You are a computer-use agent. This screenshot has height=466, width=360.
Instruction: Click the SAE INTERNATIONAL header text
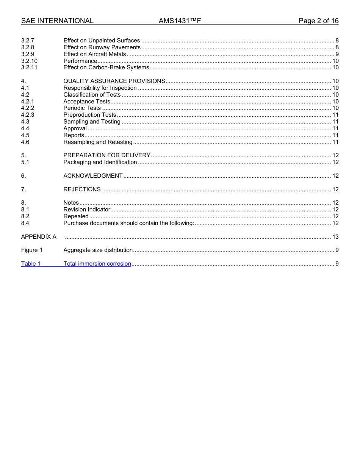(57, 21)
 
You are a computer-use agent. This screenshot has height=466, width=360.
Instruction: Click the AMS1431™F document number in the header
(180, 21)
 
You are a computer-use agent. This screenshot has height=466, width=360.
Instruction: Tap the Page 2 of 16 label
(318, 21)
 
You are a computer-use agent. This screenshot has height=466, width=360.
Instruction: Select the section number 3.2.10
(29, 61)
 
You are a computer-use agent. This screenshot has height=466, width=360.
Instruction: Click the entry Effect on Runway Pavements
(102, 47)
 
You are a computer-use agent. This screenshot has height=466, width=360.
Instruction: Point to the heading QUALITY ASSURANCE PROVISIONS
(114, 81)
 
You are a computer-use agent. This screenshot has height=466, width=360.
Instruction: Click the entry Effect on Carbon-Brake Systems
(106, 67)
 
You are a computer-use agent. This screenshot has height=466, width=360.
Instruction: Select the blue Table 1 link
(31, 264)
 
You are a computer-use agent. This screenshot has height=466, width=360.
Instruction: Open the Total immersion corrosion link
(97, 264)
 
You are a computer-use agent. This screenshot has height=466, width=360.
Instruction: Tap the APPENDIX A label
(39, 237)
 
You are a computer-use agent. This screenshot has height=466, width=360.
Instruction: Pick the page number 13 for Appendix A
(335, 237)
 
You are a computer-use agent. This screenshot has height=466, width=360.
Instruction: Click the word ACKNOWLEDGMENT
(93, 176)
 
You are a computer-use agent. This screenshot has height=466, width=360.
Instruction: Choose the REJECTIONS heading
(82, 189)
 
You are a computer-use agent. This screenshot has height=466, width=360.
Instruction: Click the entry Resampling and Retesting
(98, 142)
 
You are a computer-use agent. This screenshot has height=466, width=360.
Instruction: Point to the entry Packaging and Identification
(100, 162)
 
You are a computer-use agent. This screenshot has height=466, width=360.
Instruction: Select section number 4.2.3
(28, 115)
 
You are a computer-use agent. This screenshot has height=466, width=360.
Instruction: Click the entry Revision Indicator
(87, 210)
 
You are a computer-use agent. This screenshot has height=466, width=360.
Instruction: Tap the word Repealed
(76, 216)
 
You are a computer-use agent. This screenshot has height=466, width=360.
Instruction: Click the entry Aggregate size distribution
(98, 250)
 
